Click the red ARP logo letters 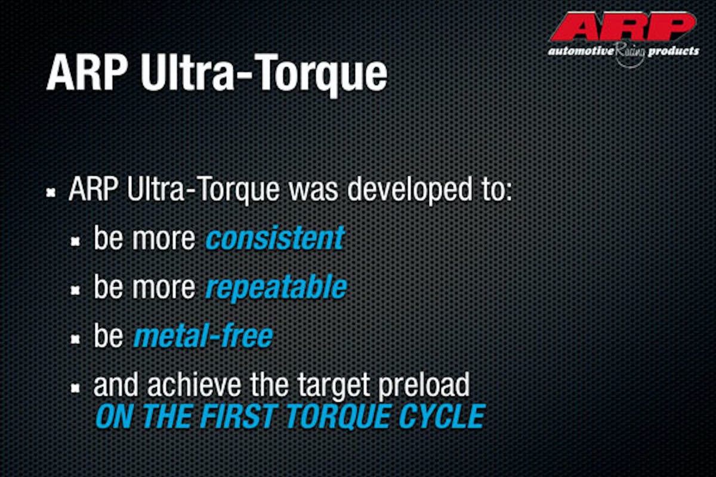tap(623, 27)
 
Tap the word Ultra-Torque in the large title tap(264, 74)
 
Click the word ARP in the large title tap(88, 73)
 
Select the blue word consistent tap(275, 238)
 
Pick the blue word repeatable tap(276, 288)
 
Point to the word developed tap(410, 191)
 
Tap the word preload tap(424, 385)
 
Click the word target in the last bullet tap(334, 386)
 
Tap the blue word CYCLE tap(442, 416)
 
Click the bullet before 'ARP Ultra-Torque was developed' tap(51, 193)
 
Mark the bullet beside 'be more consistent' tap(75, 241)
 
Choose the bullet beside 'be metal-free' tap(75, 339)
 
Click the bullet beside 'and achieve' tap(75, 388)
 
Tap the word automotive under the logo tap(581, 51)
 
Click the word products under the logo tap(674, 52)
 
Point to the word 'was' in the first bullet tap(313, 192)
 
